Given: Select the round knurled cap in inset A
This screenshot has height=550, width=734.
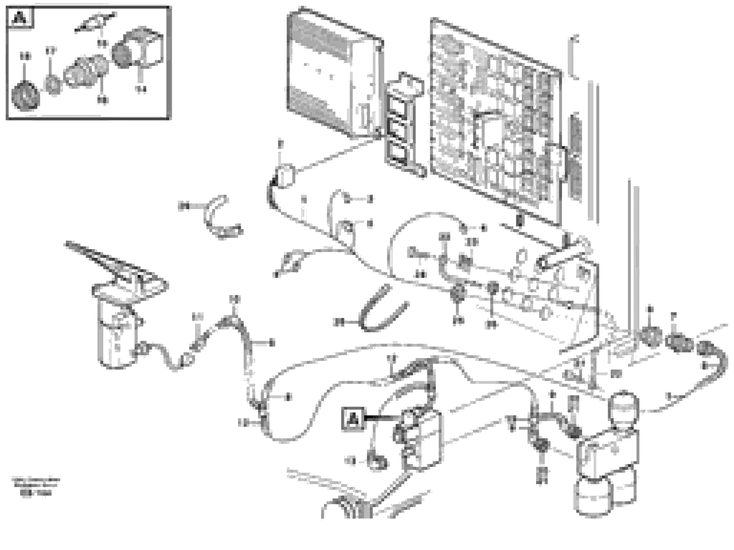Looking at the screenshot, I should pyautogui.click(x=25, y=96).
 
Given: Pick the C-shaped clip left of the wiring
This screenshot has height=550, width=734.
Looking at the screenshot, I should pyautogui.click(x=219, y=217).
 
